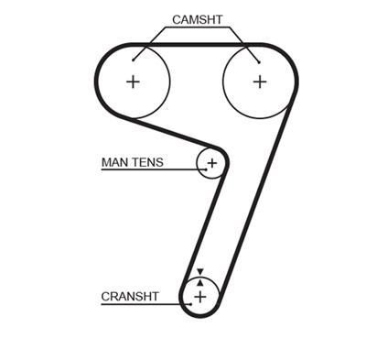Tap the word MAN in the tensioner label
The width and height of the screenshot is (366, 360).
(113, 162)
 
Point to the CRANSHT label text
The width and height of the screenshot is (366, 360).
(130, 297)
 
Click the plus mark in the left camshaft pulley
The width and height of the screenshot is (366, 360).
(134, 82)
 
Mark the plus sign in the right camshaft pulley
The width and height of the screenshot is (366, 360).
(259, 82)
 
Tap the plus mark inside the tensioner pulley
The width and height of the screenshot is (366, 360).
(212, 163)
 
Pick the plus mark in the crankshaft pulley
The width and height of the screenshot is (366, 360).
(200, 297)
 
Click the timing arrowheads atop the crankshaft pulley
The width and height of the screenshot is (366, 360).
(200, 273)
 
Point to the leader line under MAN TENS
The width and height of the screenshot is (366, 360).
(146, 170)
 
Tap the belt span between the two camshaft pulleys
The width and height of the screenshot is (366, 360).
(197, 43)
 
